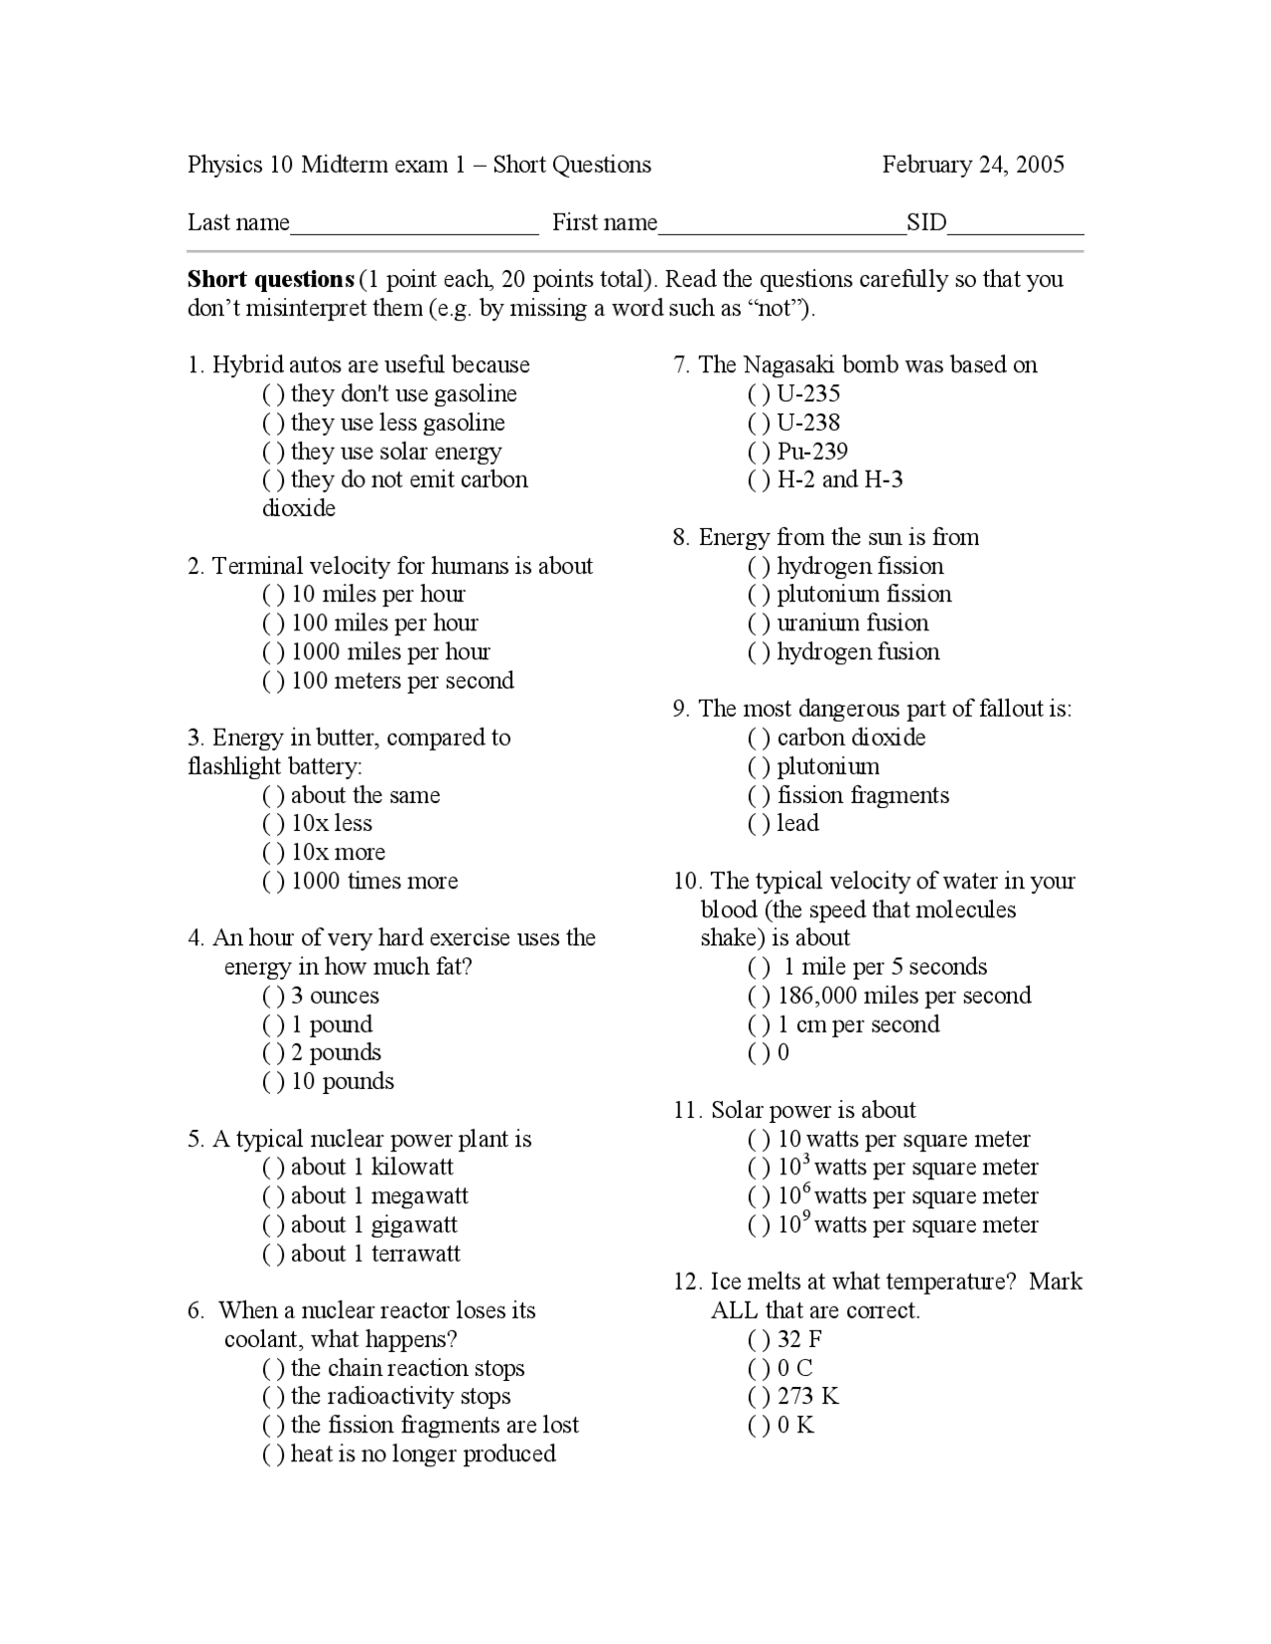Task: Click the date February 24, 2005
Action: [x=972, y=165]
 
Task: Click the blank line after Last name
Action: [x=414, y=224]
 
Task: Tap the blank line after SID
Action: [x=1015, y=224]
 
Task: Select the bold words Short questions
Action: [x=270, y=280]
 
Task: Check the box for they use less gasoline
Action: [x=273, y=424]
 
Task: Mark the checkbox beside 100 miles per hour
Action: [x=273, y=624]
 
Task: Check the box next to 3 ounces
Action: [x=273, y=997]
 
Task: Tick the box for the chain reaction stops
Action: [x=273, y=1369]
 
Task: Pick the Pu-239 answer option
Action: [x=759, y=453]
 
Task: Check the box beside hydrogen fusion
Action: [x=759, y=653]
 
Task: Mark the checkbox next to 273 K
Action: [x=759, y=1398]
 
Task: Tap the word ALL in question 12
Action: [x=734, y=1311]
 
